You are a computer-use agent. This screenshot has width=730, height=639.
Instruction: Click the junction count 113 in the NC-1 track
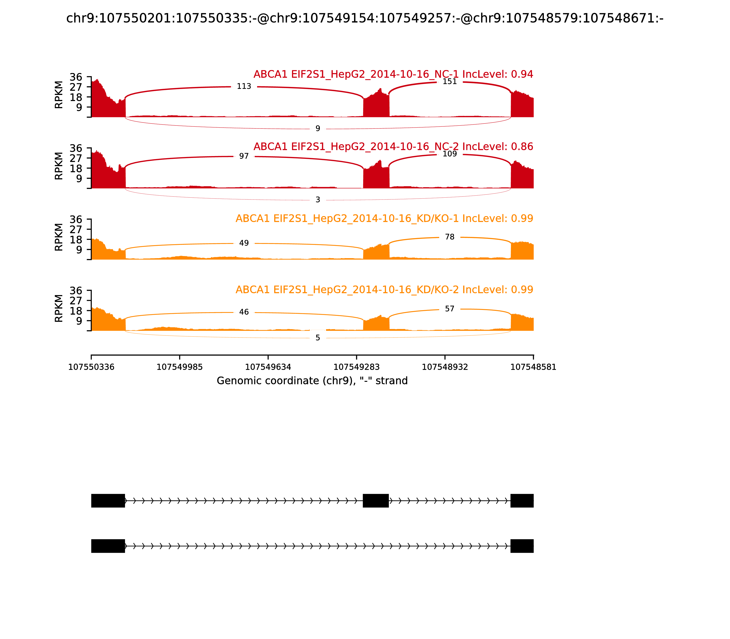click(244, 86)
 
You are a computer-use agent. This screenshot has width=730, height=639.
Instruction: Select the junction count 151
click(449, 82)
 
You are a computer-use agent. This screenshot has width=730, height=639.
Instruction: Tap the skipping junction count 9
click(318, 129)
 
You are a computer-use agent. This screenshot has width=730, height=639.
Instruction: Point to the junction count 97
click(244, 156)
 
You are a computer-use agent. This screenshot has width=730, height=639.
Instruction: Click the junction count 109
click(449, 154)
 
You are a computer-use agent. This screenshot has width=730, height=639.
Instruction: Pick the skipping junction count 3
click(318, 200)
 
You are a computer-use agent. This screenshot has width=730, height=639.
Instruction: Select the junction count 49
click(244, 243)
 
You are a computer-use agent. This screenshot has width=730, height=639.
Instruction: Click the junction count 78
click(449, 237)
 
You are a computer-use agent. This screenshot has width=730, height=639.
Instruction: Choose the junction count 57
click(449, 309)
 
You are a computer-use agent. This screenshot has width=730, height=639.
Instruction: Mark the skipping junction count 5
click(318, 338)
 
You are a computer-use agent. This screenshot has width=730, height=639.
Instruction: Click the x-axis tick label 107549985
click(180, 367)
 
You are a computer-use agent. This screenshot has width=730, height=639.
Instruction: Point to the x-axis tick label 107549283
click(356, 367)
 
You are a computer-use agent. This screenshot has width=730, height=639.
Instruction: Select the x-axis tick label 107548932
click(445, 367)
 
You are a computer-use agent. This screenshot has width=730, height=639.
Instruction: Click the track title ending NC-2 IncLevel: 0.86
click(393, 147)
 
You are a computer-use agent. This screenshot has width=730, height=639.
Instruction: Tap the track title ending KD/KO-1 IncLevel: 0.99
click(384, 219)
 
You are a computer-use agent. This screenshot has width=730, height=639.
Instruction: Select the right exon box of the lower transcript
click(522, 546)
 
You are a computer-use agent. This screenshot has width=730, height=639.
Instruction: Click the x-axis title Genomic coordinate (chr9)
click(312, 381)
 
